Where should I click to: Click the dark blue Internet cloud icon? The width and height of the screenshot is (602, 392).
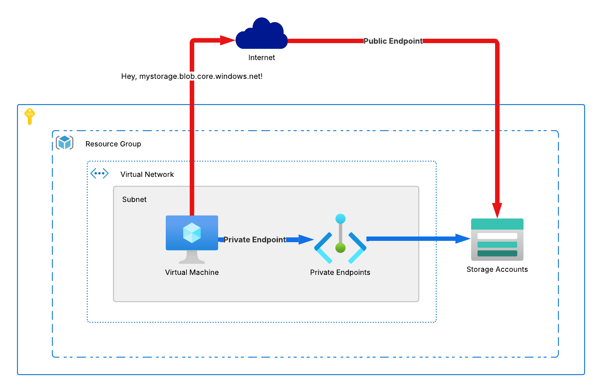(261, 35)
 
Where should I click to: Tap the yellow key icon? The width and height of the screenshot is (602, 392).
(30, 116)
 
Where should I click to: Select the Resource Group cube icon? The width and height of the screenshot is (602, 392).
(65, 143)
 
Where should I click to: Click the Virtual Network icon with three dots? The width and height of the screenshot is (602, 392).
(99, 174)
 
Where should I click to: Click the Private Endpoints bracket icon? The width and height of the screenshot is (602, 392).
(340, 240)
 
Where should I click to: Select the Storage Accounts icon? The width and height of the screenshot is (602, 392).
(497, 240)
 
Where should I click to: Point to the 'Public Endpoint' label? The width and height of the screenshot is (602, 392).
(393, 41)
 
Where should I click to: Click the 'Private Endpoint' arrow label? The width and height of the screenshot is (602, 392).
(255, 240)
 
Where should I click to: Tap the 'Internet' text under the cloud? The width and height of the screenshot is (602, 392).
(261, 57)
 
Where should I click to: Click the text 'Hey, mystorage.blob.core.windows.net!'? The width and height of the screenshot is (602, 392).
(192, 76)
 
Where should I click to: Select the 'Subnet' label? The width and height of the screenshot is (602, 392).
(134, 199)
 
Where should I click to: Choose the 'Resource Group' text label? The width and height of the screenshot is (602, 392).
(113, 144)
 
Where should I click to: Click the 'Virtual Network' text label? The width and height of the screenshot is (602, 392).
(147, 174)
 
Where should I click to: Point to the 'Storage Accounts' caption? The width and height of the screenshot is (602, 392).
(497, 269)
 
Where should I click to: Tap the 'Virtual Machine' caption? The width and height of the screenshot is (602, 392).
(192, 272)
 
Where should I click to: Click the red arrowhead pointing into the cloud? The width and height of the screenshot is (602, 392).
(227, 41)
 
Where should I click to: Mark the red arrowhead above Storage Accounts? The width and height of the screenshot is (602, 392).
(497, 210)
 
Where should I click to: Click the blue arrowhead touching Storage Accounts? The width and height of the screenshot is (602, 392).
(462, 239)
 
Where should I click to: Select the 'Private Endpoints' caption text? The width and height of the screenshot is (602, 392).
(340, 272)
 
